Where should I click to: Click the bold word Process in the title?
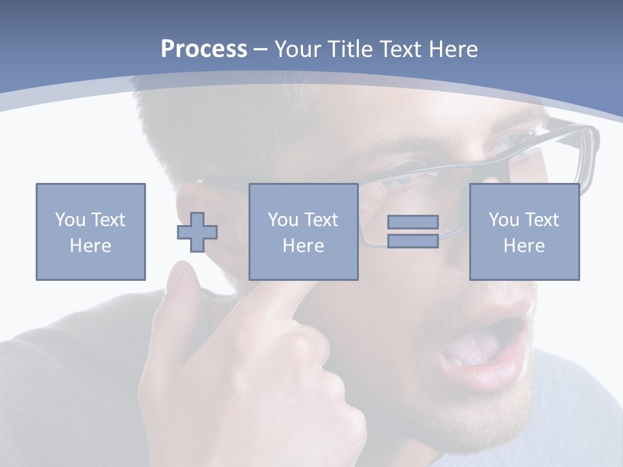pyautogui.click(x=204, y=49)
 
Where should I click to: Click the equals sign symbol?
pyautogui.click(x=413, y=232)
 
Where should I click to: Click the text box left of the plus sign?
pyautogui.click(x=91, y=232)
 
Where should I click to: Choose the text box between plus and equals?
pyautogui.click(x=303, y=232)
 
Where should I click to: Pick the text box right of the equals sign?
pyautogui.click(x=524, y=232)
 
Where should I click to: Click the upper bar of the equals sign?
pyautogui.click(x=413, y=222)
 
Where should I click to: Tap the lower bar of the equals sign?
pyautogui.click(x=413, y=241)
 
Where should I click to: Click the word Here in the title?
pyautogui.click(x=454, y=49)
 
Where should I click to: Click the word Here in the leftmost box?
pyautogui.click(x=91, y=246)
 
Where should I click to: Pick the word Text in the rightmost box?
pyautogui.click(x=541, y=220)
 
